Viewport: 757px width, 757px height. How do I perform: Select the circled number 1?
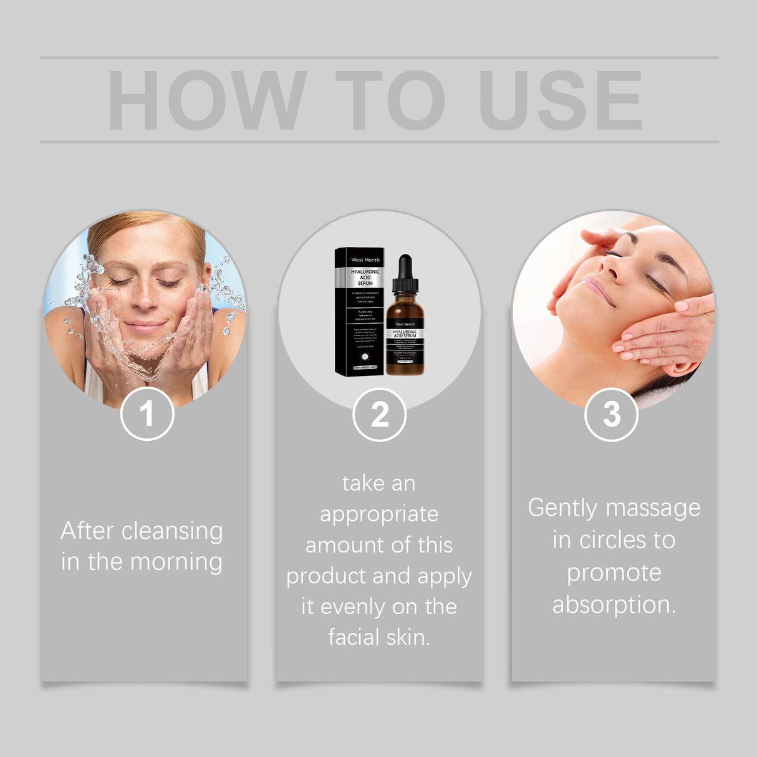147,413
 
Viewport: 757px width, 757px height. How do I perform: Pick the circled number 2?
379,415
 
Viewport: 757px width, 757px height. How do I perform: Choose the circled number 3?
612,414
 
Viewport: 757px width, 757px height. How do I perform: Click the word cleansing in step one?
172,532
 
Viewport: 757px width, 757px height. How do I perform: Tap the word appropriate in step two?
379,515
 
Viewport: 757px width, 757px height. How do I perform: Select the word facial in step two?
353,637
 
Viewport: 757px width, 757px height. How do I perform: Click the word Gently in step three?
562,509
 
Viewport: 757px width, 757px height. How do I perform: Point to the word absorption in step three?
614,605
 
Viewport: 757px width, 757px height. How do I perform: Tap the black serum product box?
359,312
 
